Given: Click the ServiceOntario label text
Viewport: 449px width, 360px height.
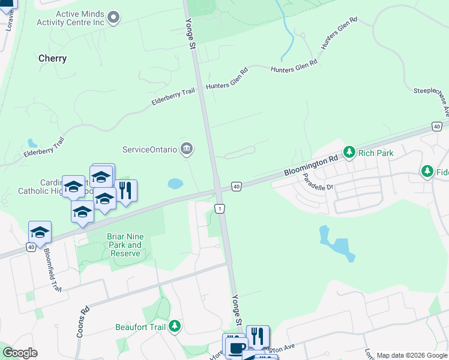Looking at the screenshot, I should [149, 149].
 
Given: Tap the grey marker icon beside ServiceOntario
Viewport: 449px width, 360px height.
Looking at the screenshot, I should [187, 149].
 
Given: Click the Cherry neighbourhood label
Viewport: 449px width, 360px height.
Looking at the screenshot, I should [52, 59].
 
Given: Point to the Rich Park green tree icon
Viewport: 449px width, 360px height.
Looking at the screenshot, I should [349, 153].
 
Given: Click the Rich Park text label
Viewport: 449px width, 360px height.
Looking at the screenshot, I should [376, 153].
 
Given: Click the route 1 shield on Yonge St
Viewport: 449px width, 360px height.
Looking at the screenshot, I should [221, 208].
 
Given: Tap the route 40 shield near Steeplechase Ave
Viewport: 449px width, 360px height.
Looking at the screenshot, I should [436, 126].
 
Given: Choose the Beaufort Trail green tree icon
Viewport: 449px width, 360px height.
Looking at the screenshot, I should [175, 327].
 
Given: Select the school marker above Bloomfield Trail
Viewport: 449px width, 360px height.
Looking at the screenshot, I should [40, 232].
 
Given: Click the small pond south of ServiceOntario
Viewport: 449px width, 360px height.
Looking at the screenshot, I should [175, 184].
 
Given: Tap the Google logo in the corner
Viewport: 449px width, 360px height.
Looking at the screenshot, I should [20, 353].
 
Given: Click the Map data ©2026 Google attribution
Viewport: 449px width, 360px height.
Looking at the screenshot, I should [412, 355].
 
